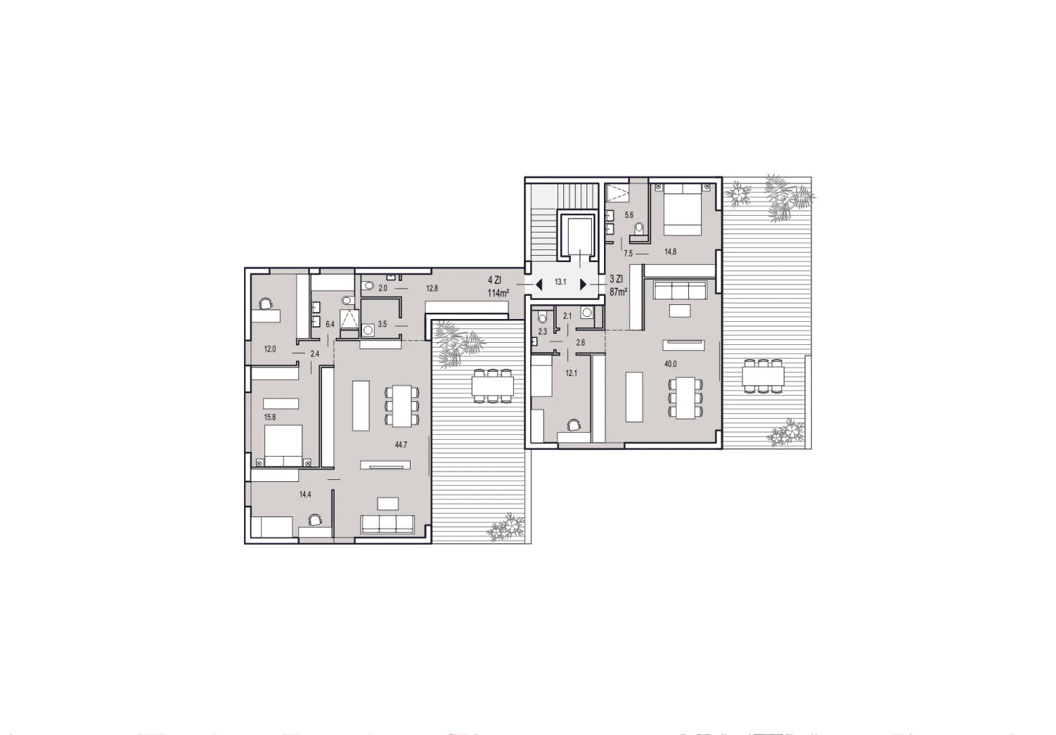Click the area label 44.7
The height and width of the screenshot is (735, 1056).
pos(401,444)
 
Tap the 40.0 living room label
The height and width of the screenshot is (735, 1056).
pos(671,364)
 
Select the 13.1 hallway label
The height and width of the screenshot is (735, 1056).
pos(560,282)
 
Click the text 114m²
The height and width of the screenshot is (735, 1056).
pos(498,294)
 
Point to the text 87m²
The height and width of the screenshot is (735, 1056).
pos(618,292)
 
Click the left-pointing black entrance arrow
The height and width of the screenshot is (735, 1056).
pos(539,285)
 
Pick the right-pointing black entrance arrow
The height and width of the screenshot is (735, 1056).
pos(583,285)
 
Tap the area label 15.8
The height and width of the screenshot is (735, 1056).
pos(270,417)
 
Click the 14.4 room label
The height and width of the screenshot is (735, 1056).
pos(305,494)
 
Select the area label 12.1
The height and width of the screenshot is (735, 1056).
pos(571,373)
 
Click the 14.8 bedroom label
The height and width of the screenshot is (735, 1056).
pos(671,252)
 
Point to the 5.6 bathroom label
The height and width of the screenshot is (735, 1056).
pos(629,215)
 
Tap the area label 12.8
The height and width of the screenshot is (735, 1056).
pos(432,288)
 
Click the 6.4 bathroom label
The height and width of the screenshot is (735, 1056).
pos(330,324)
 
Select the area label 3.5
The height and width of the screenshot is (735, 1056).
pos(382,324)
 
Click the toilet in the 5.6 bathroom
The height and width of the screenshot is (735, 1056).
pos(640,230)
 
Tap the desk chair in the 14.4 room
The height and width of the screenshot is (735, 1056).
pos(315,521)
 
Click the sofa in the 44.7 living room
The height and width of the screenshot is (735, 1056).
pos(387,525)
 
